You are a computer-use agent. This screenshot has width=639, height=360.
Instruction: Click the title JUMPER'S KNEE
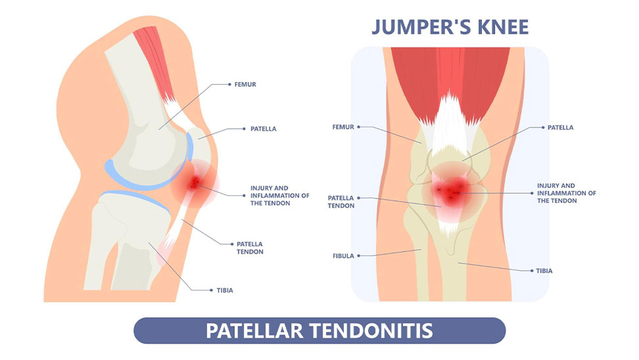(450, 27)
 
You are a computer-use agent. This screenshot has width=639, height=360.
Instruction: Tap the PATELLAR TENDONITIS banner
(319, 330)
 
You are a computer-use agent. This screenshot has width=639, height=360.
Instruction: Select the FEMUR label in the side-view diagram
(244, 85)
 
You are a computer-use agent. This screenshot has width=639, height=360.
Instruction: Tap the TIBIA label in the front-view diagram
(544, 270)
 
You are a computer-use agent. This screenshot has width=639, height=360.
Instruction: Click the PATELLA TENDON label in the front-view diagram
(341, 202)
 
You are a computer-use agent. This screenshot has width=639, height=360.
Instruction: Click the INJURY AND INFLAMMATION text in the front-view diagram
(566, 193)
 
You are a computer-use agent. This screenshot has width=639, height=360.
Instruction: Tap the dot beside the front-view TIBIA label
(531, 270)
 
